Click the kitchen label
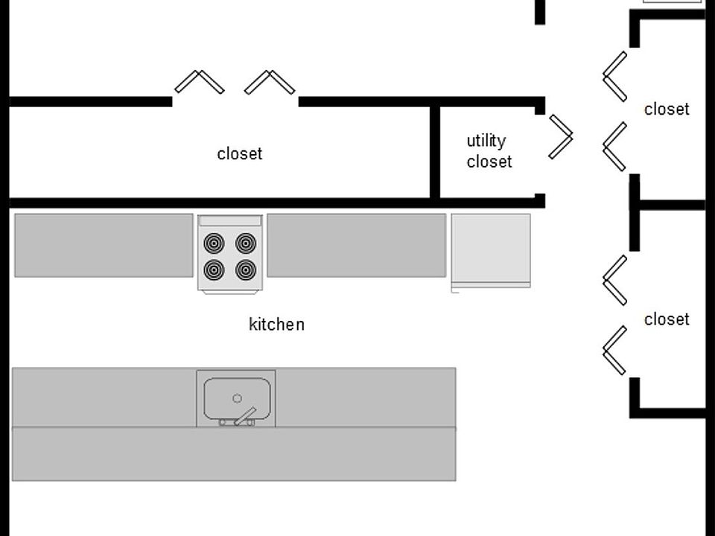point(276,325)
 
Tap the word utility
point(486,141)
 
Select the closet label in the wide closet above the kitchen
point(240,154)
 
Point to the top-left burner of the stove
point(214,243)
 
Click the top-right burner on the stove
point(247,243)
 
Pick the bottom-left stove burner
point(214,269)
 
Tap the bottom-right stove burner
point(247,269)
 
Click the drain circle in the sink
point(238,398)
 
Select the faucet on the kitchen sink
point(244,417)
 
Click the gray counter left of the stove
point(104,245)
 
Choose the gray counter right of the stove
point(356,245)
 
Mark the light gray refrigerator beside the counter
point(491,249)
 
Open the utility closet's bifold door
point(561,136)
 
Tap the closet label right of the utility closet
point(667,109)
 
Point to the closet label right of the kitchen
point(667,319)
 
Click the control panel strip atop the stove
point(229,221)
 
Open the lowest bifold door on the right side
point(614,350)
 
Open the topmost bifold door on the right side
point(614,76)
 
